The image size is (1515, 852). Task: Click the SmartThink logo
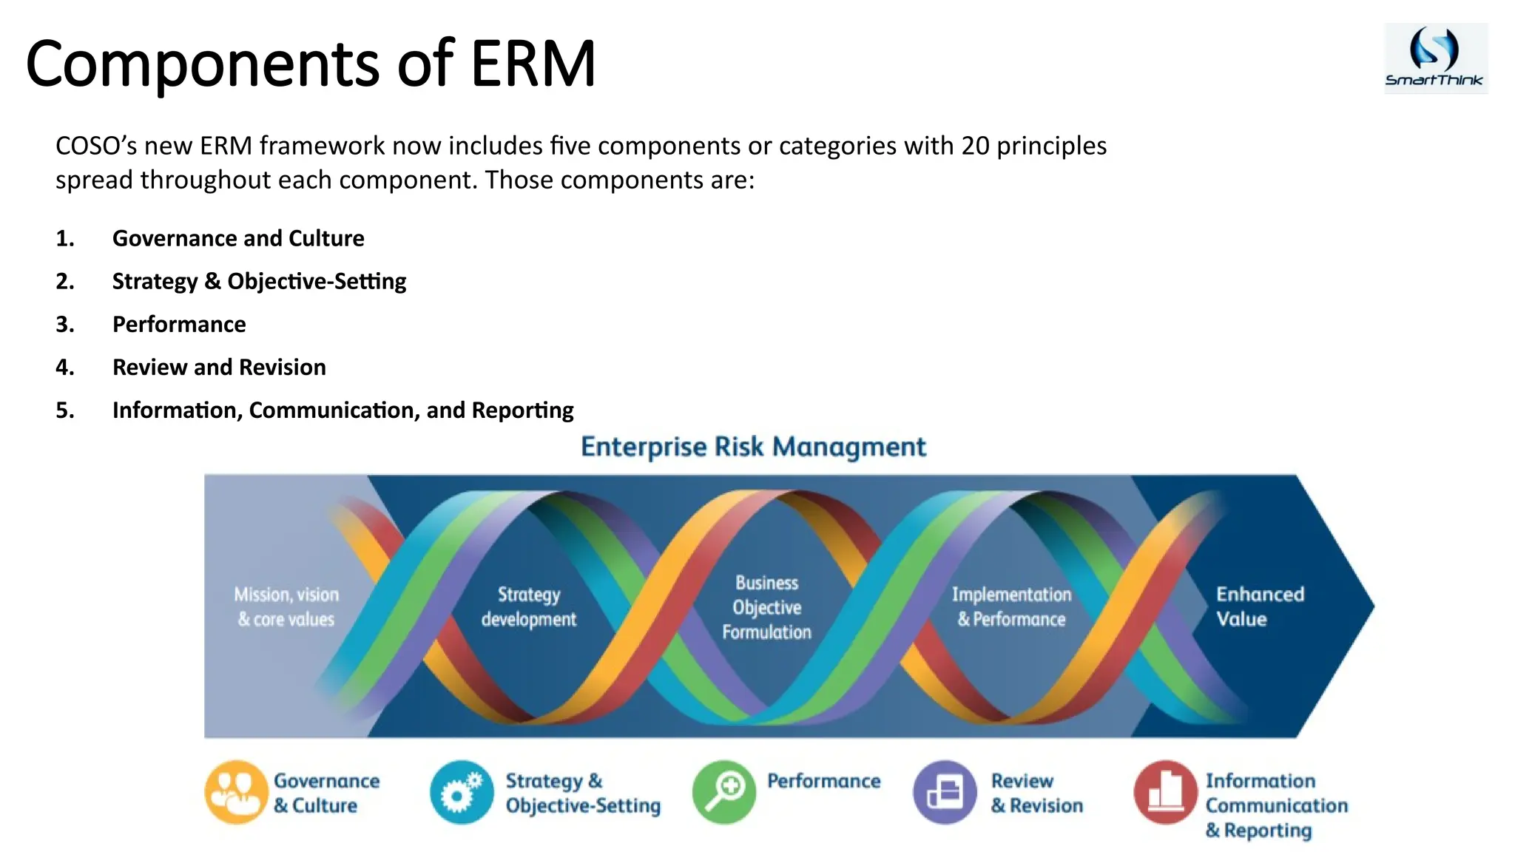click(1435, 58)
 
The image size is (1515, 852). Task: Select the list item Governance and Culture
click(237, 238)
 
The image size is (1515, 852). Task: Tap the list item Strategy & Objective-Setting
click(259, 281)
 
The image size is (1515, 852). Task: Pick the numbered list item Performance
click(179, 324)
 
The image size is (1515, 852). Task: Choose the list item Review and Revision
click(219, 367)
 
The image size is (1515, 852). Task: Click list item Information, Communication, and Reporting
click(343, 410)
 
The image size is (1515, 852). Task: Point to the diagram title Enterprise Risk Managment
click(753, 447)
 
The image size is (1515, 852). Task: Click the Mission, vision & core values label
click(286, 606)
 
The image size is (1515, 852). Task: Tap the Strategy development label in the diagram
click(528, 606)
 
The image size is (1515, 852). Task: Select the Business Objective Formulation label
click(766, 607)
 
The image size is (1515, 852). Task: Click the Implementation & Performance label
click(1011, 606)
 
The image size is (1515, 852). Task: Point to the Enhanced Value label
click(1259, 606)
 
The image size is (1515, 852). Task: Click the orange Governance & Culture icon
click(236, 792)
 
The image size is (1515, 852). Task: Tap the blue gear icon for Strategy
click(462, 792)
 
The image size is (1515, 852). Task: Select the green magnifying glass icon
click(724, 792)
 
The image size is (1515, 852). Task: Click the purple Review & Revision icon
click(945, 792)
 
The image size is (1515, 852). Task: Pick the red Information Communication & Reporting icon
click(1165, 792)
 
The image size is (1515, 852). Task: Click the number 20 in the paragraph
click(975, 146)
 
